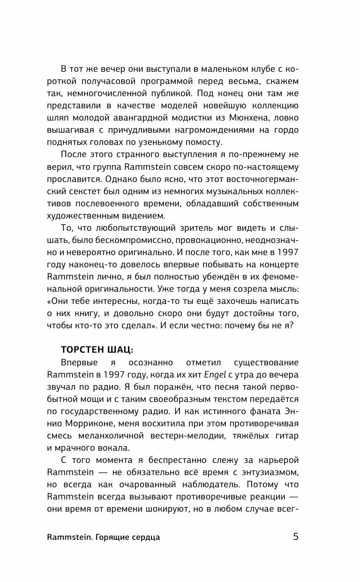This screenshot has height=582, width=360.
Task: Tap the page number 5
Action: point(295,537)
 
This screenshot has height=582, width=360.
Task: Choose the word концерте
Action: point(279,265)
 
